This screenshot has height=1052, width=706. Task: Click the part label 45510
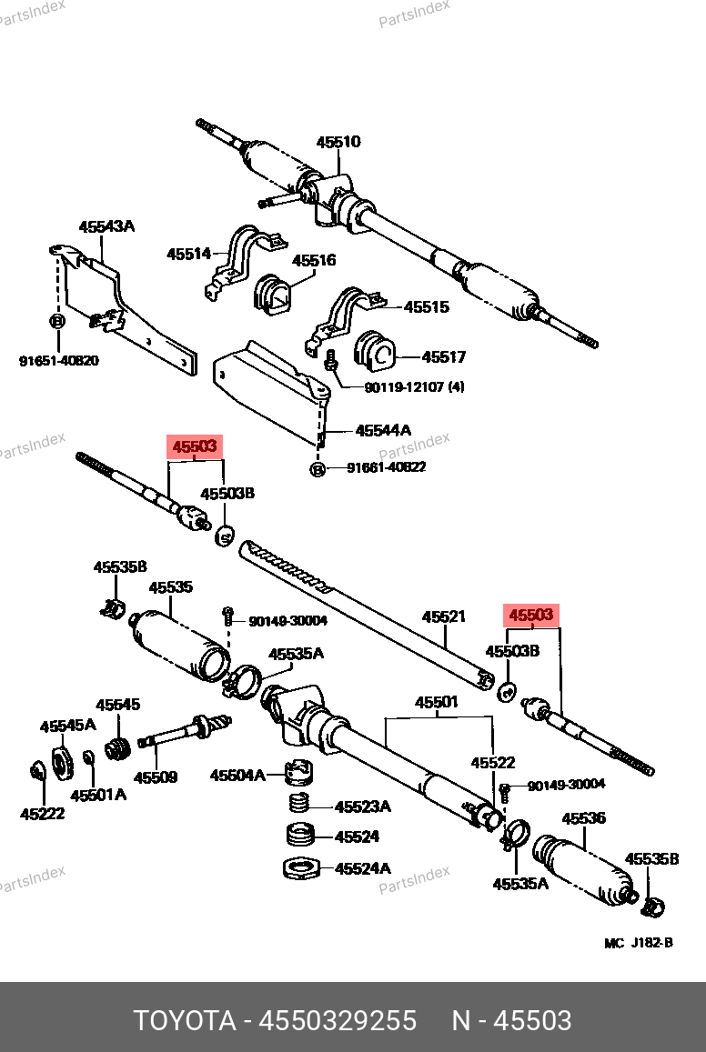tap(338, 142)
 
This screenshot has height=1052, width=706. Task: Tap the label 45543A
tap(106, 226)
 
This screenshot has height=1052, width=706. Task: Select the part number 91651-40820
tap(59, 361)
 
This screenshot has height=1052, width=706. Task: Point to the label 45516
tap(314, 260)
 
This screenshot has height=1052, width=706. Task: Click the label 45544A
tap(383, 429)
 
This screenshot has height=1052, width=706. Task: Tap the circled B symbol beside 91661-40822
tap(318, 468)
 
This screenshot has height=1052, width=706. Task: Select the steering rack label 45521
tap(443, 616)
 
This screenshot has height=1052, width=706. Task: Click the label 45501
tap(438, 702)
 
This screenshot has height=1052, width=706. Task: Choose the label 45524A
tap(362, 868)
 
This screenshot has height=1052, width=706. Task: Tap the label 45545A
tap(67, 725)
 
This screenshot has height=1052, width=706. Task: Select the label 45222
tap(43, 814)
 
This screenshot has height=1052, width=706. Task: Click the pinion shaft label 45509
tap(156, 777)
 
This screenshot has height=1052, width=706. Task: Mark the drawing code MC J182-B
tap(639, 943)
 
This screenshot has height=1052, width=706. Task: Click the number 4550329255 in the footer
tap(338, 1020)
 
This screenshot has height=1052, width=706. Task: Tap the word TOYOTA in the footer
tap(186, 1020)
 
